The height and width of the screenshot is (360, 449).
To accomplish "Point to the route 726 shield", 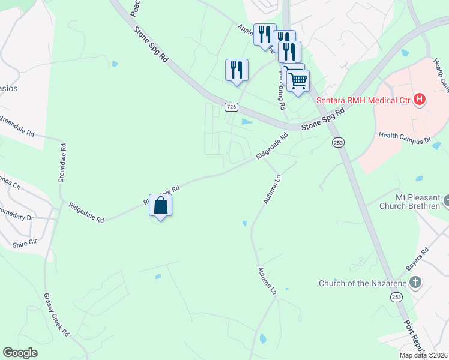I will click(232, 107).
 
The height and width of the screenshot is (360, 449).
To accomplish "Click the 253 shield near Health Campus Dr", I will click(338, 142).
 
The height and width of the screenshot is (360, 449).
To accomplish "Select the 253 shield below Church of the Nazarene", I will click(396, 297).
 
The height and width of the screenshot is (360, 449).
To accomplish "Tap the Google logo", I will click(20, 353).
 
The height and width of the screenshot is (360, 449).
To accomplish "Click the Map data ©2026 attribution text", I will click(423, 355).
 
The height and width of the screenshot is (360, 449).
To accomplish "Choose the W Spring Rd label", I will click(280, 90).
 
